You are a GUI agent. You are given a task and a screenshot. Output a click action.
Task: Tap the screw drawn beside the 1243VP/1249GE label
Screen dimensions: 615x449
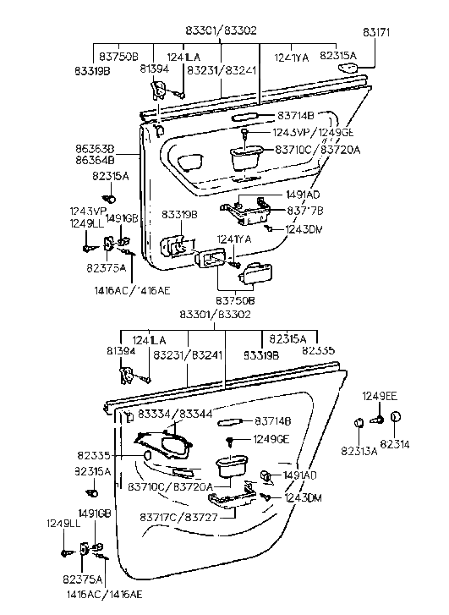(x=244, y=134)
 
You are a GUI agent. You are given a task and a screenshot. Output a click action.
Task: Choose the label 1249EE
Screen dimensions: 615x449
(x=381, y=396)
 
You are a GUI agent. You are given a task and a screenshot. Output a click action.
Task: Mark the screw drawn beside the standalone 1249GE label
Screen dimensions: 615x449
(x=231, y=440)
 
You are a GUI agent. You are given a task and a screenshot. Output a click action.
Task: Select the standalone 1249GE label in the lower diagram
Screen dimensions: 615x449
(x=270, y=439)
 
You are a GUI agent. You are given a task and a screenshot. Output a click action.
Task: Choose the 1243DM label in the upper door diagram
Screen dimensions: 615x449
(x=302, y=228)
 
